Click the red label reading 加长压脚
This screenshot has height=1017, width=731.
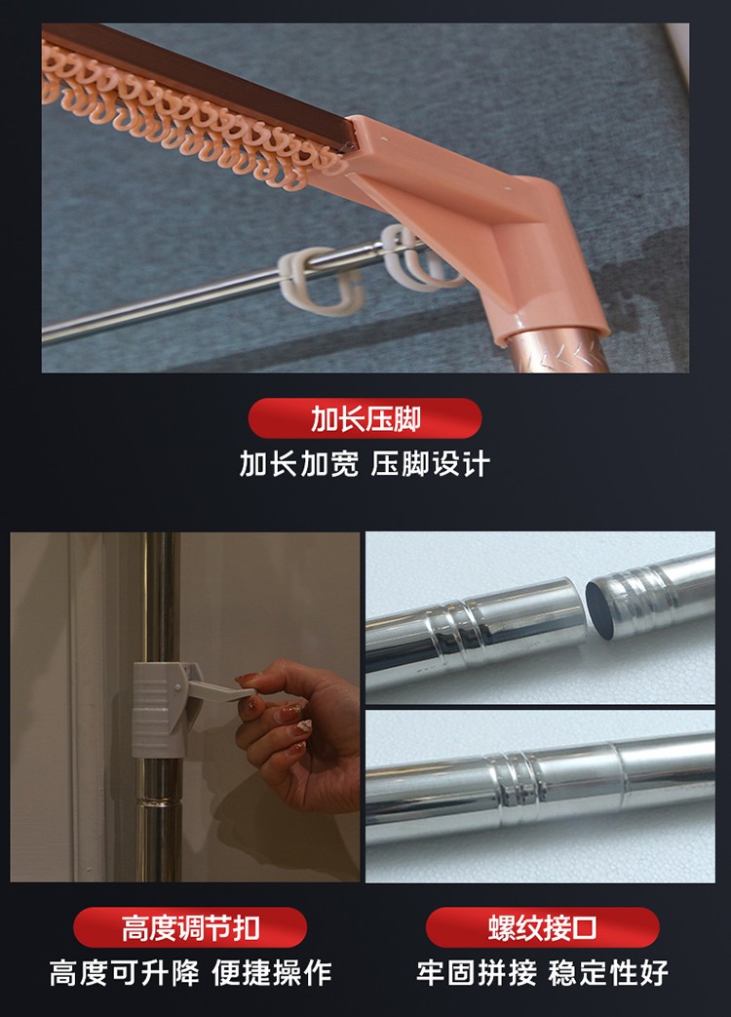pyautogui.click(x=365, y=418)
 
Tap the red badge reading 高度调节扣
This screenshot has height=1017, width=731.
pyautogui.click(x=190, y=927)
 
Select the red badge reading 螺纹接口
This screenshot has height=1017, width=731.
pyautogui.click(x=543, y=927)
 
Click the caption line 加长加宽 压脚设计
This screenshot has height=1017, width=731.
pyautogui.click(x=365, y=464)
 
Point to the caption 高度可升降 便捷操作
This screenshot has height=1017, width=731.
pyautogui.click(x=190, y=973)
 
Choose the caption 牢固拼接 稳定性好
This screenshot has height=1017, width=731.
pyautogui.click(x=543, y=973)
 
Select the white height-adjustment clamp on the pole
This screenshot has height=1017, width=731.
pyautogui.click(x=159, y=710)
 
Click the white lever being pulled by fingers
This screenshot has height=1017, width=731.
pyautogui.click(x=220, y=689)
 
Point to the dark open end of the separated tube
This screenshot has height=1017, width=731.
pyautogui.click(x=600, y=609)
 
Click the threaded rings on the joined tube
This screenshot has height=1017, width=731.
pyautogui.click(x=517, y=789)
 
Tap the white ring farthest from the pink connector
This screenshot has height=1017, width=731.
pyautogui.click(x=319, y=280)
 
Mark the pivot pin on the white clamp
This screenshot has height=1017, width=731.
pyautogui.click(x=177, y=686)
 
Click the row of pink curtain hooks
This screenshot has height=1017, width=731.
pyautogui.click(x=188, y=117)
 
